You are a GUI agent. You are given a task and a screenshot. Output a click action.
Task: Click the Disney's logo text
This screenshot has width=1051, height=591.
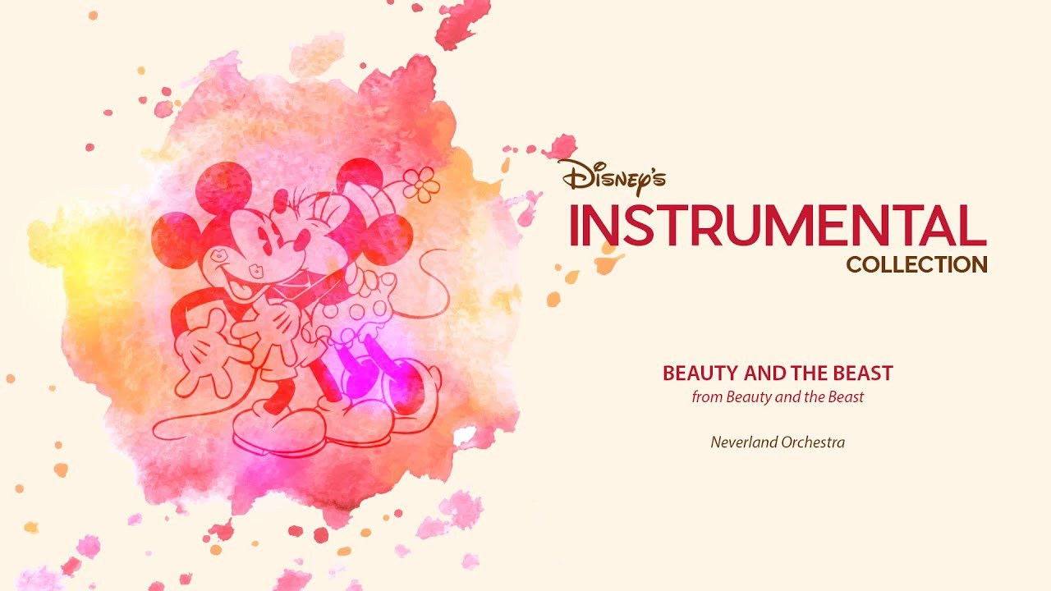(612, 176)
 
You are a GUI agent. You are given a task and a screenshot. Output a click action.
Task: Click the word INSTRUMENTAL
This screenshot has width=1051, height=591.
(777, 225)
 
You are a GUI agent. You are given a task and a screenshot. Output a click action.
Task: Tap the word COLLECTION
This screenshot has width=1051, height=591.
(916, 265)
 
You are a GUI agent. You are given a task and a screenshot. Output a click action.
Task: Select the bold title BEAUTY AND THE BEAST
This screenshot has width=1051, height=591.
(777, 373)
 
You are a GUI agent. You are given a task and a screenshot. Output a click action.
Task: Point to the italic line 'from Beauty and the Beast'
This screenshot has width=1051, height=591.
(777, 397)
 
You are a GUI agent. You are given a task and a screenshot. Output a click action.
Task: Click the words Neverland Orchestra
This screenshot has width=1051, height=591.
(777, 442)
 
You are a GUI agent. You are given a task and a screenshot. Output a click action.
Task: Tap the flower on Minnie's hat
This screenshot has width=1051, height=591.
(421, 185)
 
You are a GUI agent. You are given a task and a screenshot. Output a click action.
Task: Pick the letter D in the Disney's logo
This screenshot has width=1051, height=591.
(571, 173)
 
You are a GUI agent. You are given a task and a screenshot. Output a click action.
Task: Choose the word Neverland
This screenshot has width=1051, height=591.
(741, 442)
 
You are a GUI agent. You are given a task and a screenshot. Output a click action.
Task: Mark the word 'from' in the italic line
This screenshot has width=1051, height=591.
(704, 397)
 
